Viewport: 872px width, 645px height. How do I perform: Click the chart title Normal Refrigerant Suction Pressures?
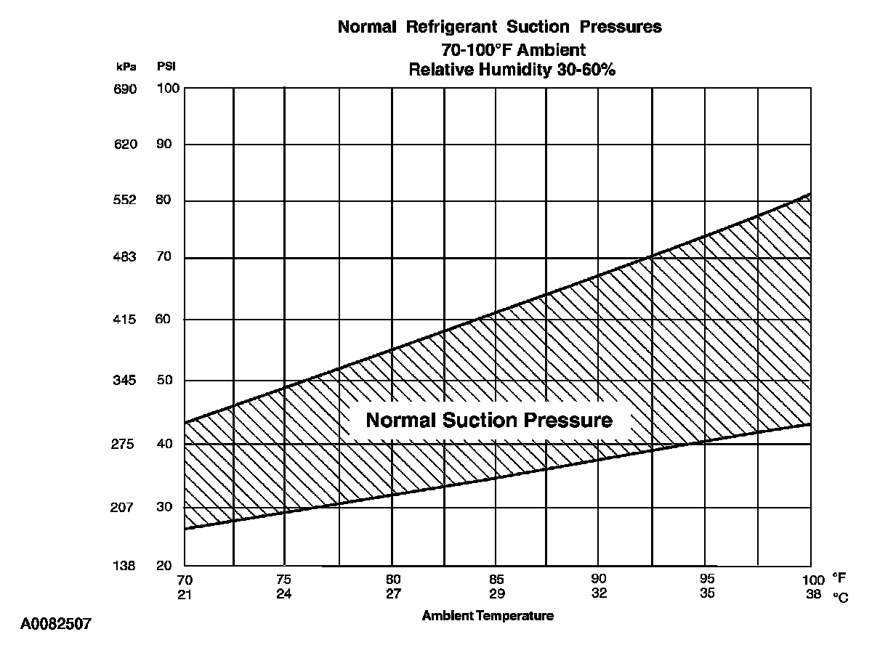[x=500, y=28]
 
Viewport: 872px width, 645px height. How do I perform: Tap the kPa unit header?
[x=125, y=67]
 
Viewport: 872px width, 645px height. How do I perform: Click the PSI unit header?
[x=166, y=67]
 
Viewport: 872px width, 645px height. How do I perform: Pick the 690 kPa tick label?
[x=125, y=89]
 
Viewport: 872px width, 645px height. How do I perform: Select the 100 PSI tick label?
[x=168, y=89]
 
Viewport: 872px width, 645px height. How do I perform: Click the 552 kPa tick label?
[x=125, y=200]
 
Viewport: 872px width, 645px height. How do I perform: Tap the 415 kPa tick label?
[x=125, y=320]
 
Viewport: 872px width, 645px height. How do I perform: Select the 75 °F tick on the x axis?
[x=284, y=580]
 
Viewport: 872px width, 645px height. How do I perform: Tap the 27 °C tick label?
[x=392, y=593]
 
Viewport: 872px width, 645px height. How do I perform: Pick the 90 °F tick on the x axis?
[x=598, y=580]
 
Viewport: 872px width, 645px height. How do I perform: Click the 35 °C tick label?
[x=707, y=593]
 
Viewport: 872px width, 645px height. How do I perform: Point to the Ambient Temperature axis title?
[x=488, y=616]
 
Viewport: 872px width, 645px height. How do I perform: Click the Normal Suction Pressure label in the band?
[x=489, y=421]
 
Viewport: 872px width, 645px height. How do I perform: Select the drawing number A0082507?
[x=56, y=624]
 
